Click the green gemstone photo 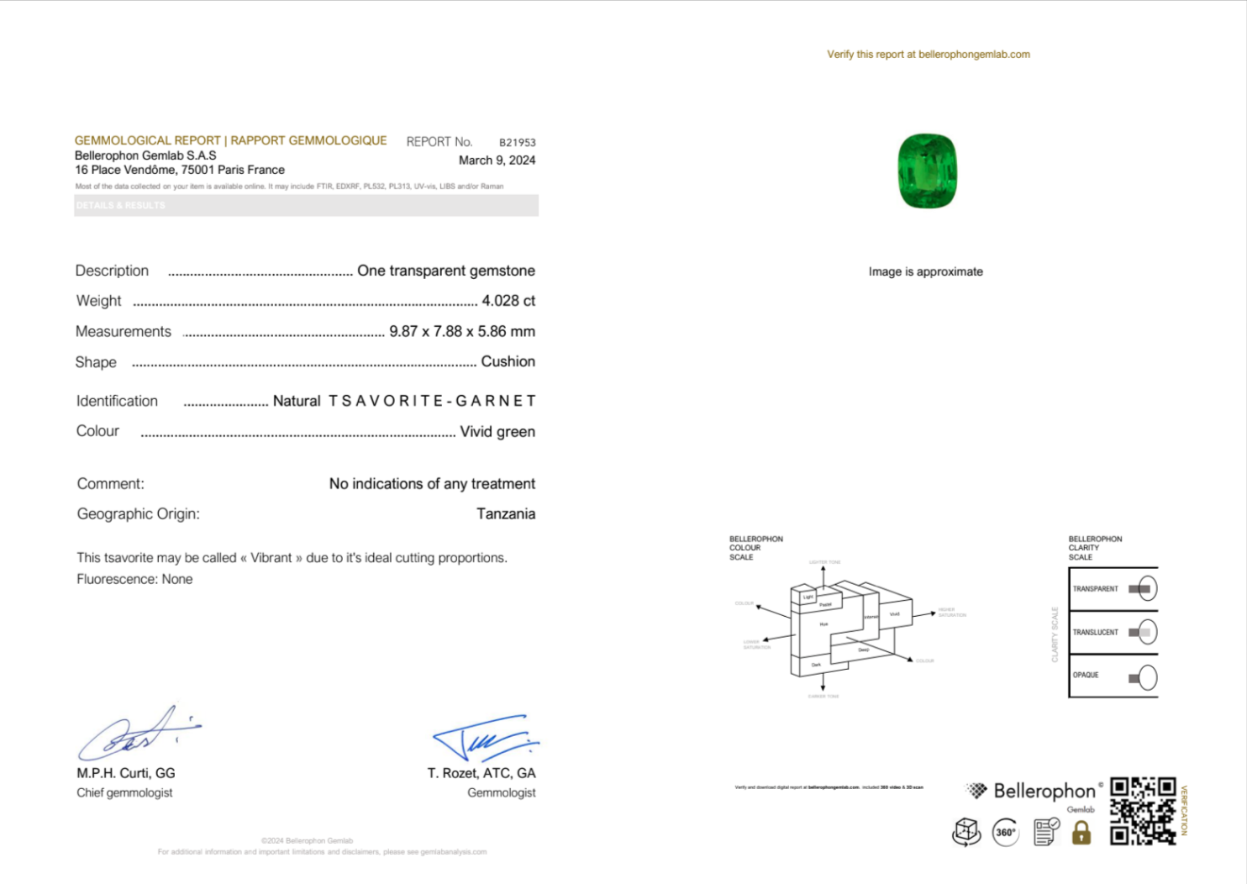[928, 171]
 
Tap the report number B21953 [517, 143]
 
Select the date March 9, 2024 [497, 160]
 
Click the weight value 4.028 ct [508, 301]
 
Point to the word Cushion [508, 361]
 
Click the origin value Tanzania [505, 513]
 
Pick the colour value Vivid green [497, 432]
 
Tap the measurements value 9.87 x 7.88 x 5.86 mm [461, 331]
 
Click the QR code [1142, 810]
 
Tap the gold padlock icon [1081, 833]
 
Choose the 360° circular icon [1006, 833]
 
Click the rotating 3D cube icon [966, 832]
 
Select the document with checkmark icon [1045, 832]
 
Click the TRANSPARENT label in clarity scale [1095, 589]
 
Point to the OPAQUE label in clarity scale [1086, 675]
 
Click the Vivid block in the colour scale [894, 613]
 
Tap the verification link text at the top [928, 55]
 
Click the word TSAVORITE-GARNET [431, 401]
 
